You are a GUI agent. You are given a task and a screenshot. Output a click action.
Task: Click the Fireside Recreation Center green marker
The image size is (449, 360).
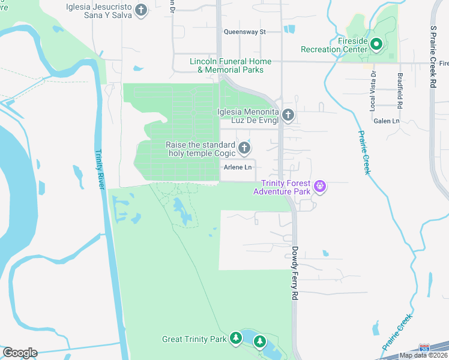(377, 44)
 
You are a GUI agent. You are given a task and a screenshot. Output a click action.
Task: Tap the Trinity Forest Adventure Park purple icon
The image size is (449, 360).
(321, 187)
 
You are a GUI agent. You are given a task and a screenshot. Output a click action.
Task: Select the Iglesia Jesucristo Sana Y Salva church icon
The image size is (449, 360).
(141, 10)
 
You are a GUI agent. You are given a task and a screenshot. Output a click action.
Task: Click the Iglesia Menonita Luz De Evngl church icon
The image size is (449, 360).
(288, 115)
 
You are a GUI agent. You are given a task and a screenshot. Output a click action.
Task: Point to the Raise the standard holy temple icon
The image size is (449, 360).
(244, 148)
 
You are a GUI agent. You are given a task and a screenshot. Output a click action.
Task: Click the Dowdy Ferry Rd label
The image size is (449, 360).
(295, 272)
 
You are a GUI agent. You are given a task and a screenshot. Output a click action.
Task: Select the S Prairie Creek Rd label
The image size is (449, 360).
(432, 57)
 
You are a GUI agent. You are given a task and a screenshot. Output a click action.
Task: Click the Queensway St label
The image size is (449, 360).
(244, 32)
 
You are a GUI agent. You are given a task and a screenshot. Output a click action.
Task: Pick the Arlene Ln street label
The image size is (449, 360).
(237, 167)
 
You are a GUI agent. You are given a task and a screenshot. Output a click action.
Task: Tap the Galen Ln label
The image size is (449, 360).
(387, 121)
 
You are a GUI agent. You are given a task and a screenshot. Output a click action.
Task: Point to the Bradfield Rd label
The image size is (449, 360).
(400, 90)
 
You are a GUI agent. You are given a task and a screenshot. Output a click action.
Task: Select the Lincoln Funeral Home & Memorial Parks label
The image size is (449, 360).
(231, 66)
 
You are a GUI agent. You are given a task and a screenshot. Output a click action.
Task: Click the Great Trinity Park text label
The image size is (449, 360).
(194, 339)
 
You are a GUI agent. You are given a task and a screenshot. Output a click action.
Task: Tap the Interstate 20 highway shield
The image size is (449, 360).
(425, 348)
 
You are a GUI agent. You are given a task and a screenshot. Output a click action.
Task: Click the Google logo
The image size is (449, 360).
(20, 353)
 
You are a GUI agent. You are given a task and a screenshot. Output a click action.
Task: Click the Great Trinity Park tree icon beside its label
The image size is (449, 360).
(236, 338)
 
